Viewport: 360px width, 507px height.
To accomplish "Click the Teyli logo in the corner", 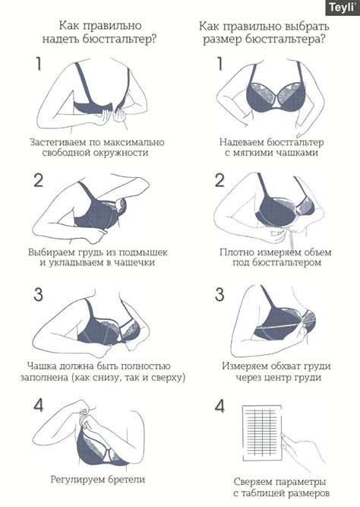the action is coord(343,8).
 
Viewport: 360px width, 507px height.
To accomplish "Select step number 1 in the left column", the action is coord(39,64).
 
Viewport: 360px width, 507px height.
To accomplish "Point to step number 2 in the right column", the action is coord(219,180).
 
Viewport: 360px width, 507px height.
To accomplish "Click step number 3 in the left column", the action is coord(39,295).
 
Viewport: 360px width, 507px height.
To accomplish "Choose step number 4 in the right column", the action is coord(219,406).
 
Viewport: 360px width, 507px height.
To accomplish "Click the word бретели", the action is coord(127,479).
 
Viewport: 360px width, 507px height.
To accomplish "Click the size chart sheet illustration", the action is coord(263,433).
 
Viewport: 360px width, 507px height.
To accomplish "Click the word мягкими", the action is coord(251,153).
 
